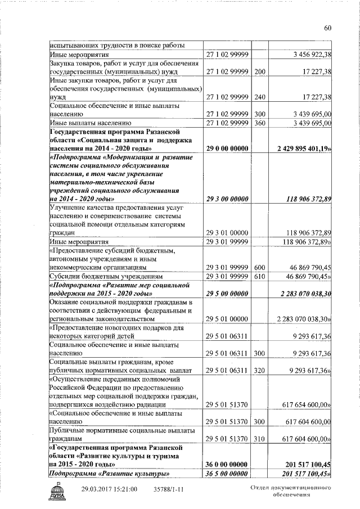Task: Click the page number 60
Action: [x=328, y=29]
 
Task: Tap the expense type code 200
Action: [x=259, y=71]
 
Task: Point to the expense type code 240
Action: [x=259, y=97]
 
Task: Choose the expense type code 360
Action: [x=259, y=122]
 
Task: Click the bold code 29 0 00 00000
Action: [x=227, y=148]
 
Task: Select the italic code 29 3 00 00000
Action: [x=227, y=199]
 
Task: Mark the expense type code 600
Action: [x=259, y=267]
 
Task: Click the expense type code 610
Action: [x=259, y=276]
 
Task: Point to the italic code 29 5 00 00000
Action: [x=227, y=293]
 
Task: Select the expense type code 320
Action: [x=259, y=370]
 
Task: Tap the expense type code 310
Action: [x=259, y=438]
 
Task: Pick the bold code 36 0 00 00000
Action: [x=227, y=464]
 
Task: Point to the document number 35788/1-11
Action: [x=169, y=489]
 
